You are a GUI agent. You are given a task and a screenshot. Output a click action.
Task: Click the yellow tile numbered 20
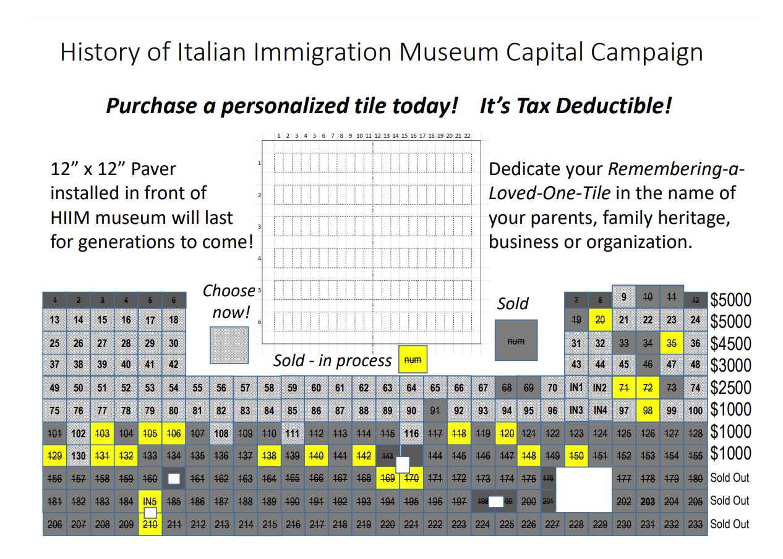[x=599, y=320]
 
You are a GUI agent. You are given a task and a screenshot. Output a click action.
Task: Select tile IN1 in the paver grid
[x=576, y=388]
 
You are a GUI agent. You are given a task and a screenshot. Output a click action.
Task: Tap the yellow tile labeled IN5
[x=149, y=501]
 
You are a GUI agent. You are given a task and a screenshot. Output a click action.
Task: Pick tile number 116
[x=411, y=434]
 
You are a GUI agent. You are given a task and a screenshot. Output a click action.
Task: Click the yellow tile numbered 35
[x=671, y=343]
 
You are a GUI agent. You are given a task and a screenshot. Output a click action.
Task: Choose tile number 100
[x=695, y=411]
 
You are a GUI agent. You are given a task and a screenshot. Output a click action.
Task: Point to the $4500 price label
[x=730, y=343]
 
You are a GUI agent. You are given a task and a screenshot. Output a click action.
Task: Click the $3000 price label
[x=730, y=365]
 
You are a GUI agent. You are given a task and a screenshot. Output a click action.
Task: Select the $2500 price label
[x=730, y=388]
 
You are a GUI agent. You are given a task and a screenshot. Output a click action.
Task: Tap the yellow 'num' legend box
[x=413, y=359]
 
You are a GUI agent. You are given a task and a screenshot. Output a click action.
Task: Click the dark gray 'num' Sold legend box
[x=516, y=340]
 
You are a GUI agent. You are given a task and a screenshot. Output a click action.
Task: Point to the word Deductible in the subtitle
[x=606, y=106]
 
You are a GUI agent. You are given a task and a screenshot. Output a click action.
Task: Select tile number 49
[x=54, y=388]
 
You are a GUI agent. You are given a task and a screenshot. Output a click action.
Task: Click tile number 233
[x=695, y=524]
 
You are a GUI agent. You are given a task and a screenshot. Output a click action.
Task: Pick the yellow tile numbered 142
[x=364, y=456]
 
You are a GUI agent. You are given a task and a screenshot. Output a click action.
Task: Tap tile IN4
[x=600, y=410]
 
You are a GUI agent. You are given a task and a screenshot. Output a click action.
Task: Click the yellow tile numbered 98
[x=648, y=411]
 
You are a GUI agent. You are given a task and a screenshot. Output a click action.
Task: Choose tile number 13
[x=54, y=320]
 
